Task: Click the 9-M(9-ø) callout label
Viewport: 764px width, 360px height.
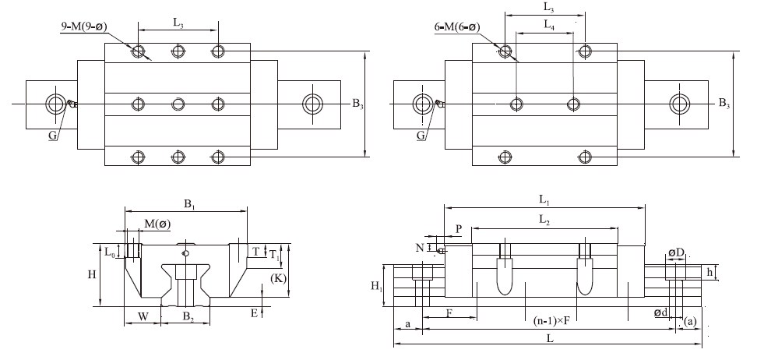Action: [84, 26]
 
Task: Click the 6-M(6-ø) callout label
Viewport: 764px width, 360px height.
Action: [457, 27]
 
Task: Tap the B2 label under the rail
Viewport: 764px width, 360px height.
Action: [188, 316]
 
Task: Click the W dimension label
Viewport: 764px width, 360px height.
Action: [143, 316]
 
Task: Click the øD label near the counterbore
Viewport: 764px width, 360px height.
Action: [675, 253]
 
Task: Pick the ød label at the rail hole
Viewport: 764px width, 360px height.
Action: [660, 312]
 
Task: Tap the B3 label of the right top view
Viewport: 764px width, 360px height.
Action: [724, 103]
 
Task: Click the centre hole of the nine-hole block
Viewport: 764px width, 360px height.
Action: [178, 104]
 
